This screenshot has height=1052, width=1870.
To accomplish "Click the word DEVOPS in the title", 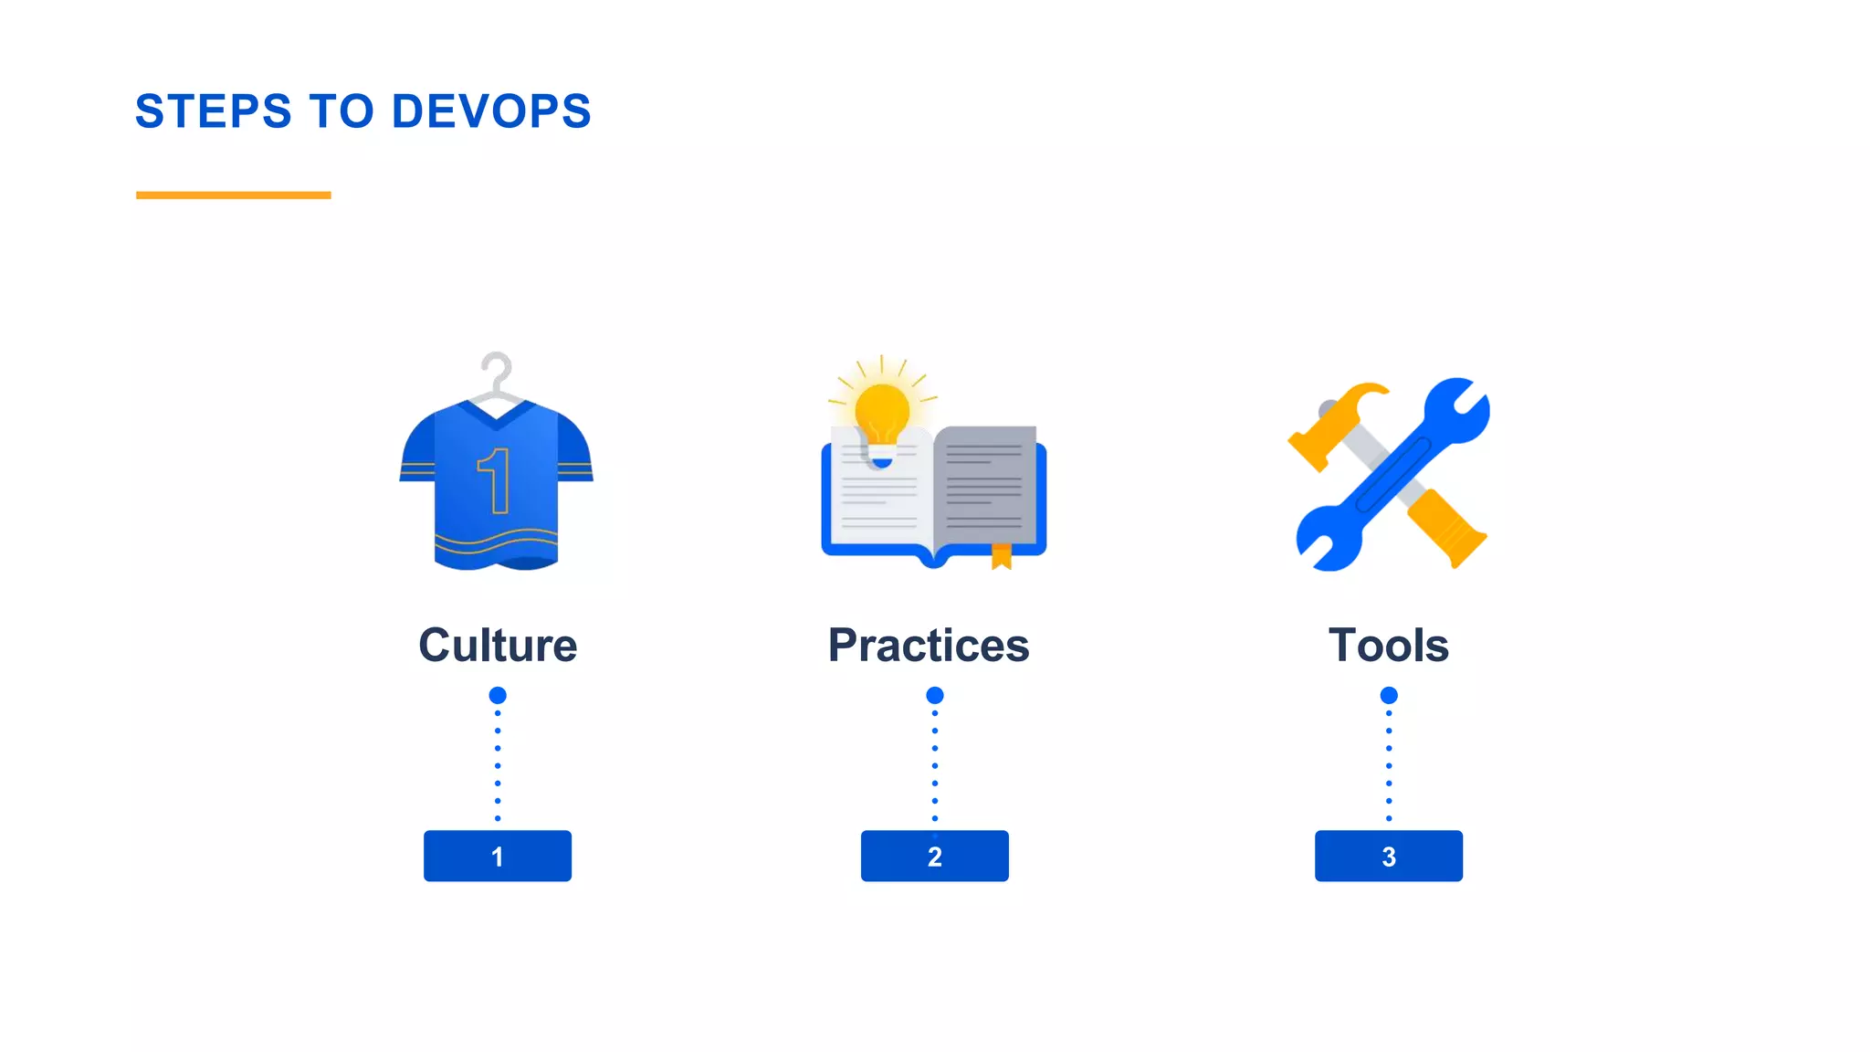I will (491, 111).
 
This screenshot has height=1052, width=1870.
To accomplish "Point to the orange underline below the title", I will (233, 195).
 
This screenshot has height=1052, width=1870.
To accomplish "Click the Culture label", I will (498, 645).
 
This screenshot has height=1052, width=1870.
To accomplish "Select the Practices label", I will (929, 645).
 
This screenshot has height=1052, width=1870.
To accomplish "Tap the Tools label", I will (1388, 645).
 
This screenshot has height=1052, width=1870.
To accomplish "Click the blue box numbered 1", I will (498, 856).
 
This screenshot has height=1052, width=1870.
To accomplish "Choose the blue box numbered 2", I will (934, 856).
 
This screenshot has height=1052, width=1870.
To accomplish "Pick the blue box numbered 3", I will (1388, 856).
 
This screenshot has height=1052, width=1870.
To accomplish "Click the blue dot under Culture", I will (498, 695).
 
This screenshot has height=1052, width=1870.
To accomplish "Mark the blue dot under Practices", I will (934, 695).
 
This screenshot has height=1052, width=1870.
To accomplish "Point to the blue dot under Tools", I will (1389, 695).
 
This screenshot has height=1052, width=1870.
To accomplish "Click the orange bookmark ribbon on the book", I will (1002, 555).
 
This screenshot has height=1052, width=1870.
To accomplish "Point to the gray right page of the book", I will (986, 484).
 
